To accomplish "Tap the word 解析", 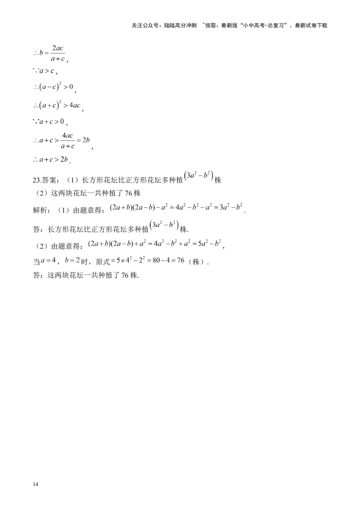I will click(40, 210).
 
